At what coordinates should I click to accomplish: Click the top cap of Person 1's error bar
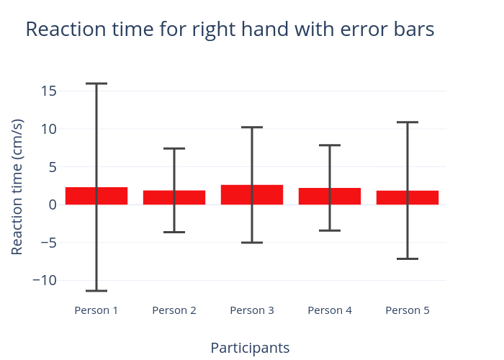point(96,84)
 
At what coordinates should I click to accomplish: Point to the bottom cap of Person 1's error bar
point(96,291)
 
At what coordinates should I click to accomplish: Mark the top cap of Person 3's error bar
point(252,127)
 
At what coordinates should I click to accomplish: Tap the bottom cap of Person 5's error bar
point(408,258)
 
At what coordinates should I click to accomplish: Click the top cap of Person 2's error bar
point(174,148)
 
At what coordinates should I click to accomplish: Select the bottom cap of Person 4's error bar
point(330,230)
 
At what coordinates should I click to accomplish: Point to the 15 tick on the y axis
point(49,91)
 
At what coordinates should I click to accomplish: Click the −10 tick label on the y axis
point(45,280)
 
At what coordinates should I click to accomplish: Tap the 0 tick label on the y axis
point(53,204)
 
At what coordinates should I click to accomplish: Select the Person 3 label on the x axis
point(252,310)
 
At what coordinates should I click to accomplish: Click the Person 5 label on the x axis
point(408,310)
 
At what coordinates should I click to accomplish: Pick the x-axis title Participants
point(250,348)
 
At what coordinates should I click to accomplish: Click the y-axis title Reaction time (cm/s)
point(17,187)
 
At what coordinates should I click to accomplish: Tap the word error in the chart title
point(363,30)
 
